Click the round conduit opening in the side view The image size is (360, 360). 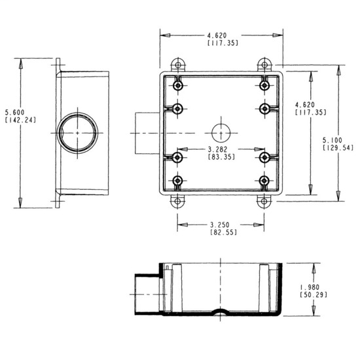77,133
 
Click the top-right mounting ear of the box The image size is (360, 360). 264,65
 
